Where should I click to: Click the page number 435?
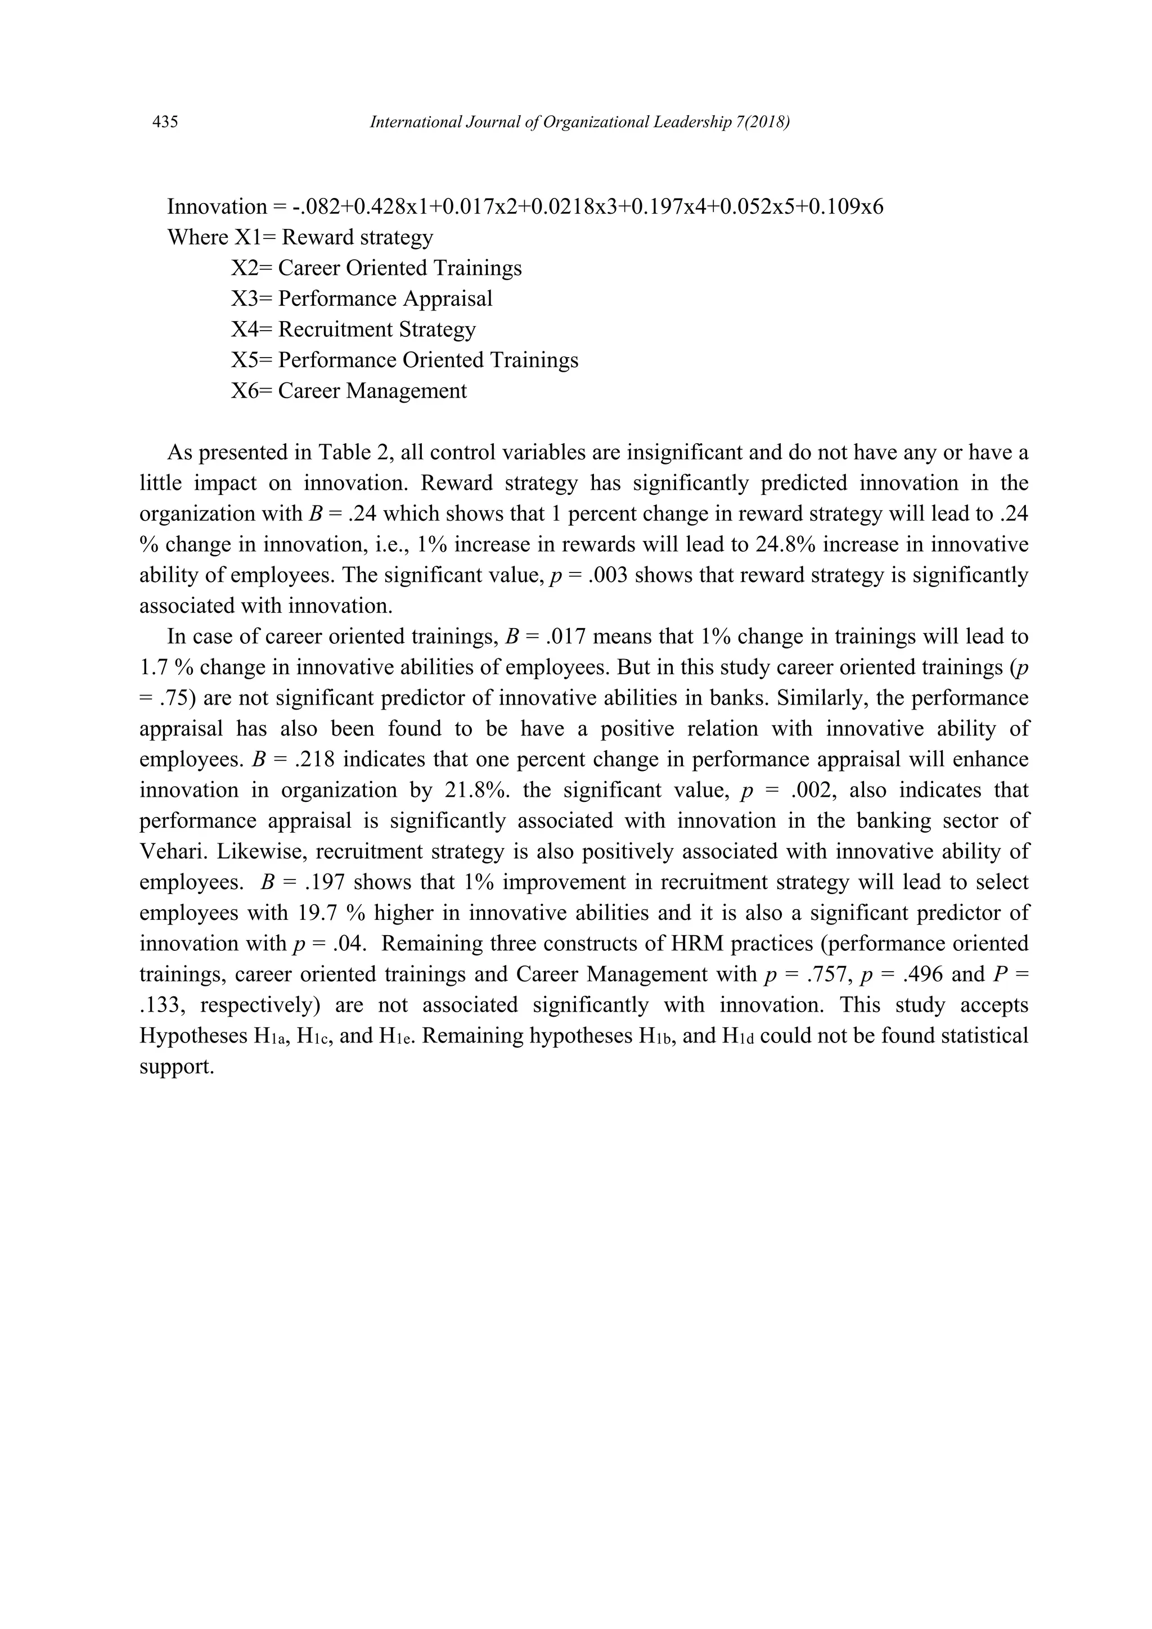coord(165,123)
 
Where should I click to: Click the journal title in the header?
coord(580,123)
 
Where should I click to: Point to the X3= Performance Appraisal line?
coord(361,298)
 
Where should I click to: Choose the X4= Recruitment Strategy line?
coord(353,329)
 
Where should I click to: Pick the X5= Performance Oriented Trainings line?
coord(404,360)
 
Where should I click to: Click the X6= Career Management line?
coord(349,390)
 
